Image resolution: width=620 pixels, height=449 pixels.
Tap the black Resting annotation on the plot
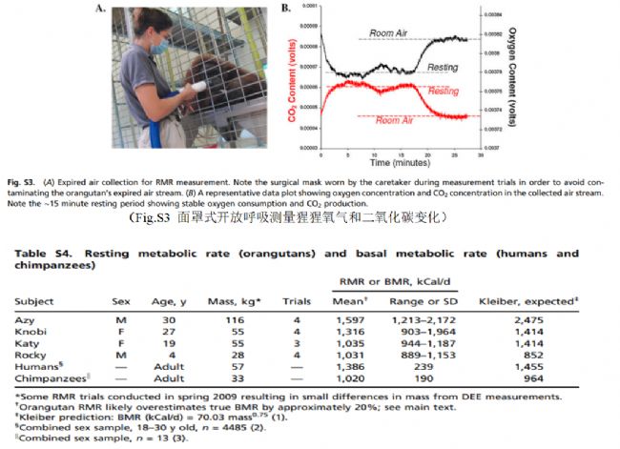[442, 68]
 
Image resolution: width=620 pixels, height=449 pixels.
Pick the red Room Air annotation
[394, 121]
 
